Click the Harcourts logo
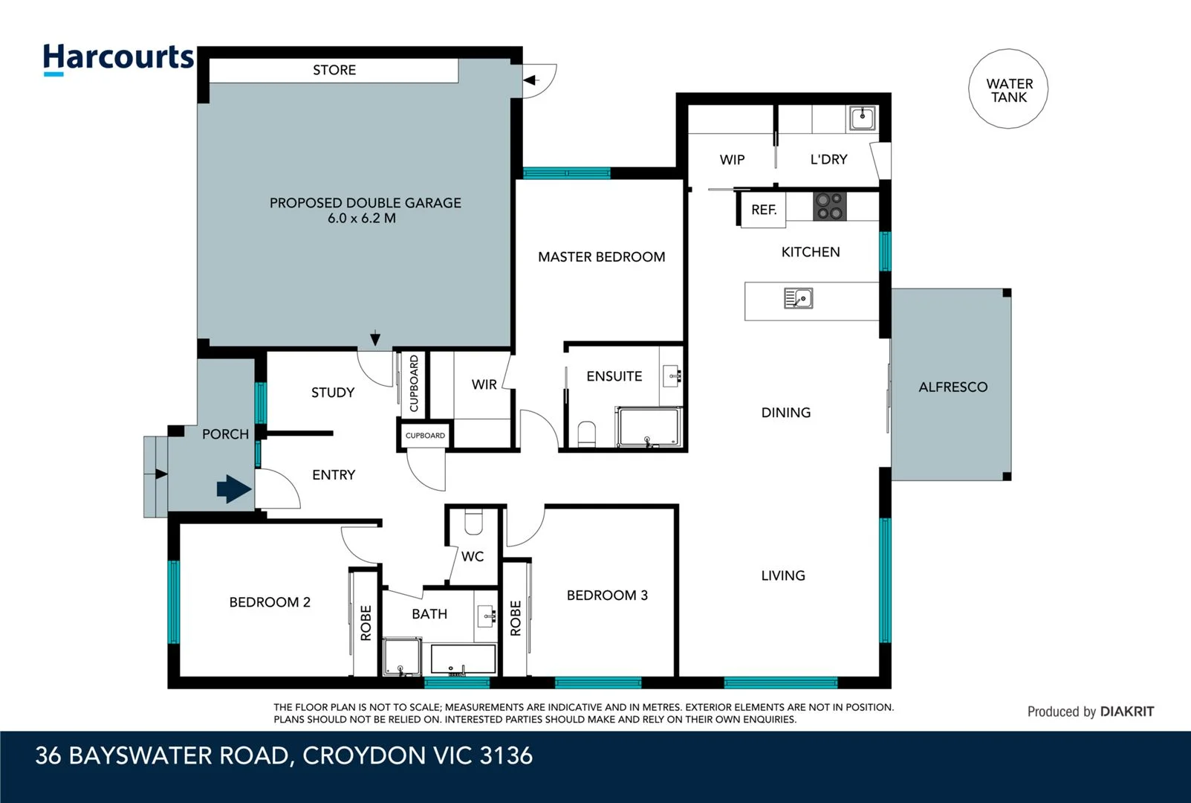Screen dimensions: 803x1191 (x=118, y=59)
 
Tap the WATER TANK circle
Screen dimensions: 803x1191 (x=1008, y=89)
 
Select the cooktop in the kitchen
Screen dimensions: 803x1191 (x=830, y=207)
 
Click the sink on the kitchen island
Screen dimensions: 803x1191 (x=798, y=299)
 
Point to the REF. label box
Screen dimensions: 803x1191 (x=763, y=210)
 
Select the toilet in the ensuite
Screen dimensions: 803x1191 (x=587, y=434)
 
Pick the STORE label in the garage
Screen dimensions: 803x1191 (x=334, y=70)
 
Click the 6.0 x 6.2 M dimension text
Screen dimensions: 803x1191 (x=362, y=219)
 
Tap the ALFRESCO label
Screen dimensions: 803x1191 (x=953, y=387)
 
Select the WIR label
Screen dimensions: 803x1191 (x=484, y=384)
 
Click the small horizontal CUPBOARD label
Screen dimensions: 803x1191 (x=425, y=436)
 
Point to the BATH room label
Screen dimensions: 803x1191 (x=429, y=614)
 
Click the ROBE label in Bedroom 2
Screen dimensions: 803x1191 (x=366, y=622)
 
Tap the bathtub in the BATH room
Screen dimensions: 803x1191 (x=463, y=660)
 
